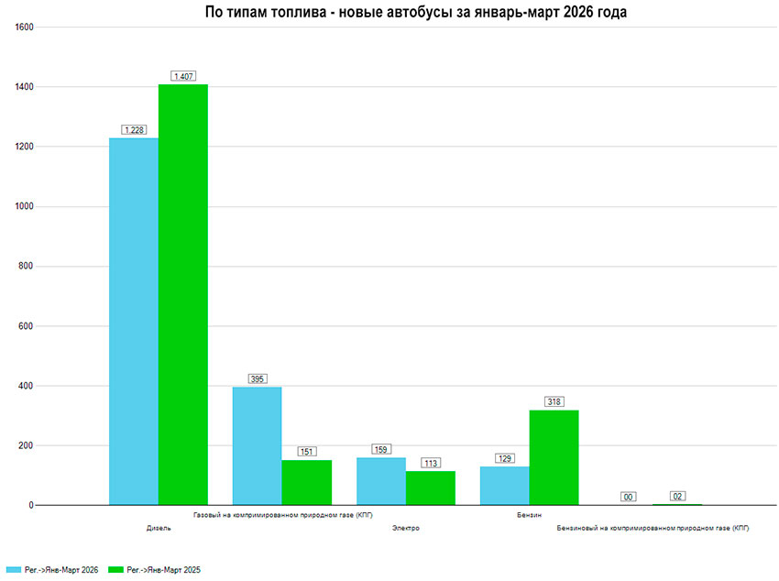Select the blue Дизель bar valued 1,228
point(134,321)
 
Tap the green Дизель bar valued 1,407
point(183,293)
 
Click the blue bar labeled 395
point(258,445)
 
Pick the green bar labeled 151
point(307,482)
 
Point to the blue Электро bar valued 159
point(381,481)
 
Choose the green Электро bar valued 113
point(431,488)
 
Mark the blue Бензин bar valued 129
point(505,486)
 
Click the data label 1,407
point(184,76)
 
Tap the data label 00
point(629,497)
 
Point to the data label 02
point(678,496)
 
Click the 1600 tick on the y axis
point(25,27)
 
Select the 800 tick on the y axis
point(27,267)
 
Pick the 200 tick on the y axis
point(27,446)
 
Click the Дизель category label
point(159,529)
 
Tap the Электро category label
point(406,529)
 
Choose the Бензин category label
point(530,516)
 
